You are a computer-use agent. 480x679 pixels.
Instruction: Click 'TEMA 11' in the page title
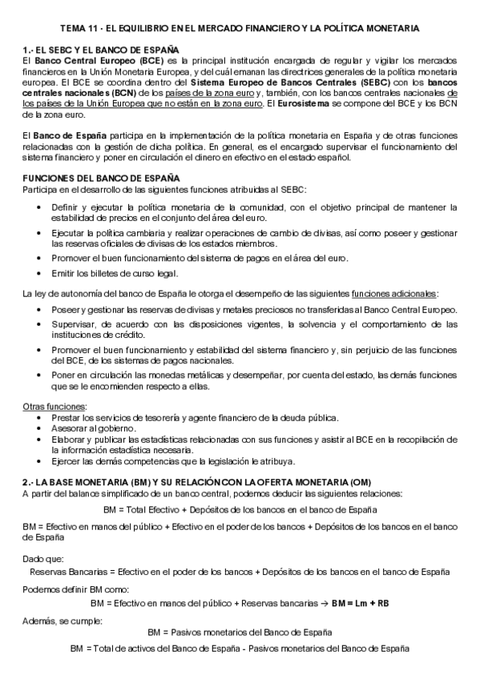coord(80,28)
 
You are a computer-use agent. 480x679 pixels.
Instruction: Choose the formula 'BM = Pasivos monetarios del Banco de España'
coord(240,632)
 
